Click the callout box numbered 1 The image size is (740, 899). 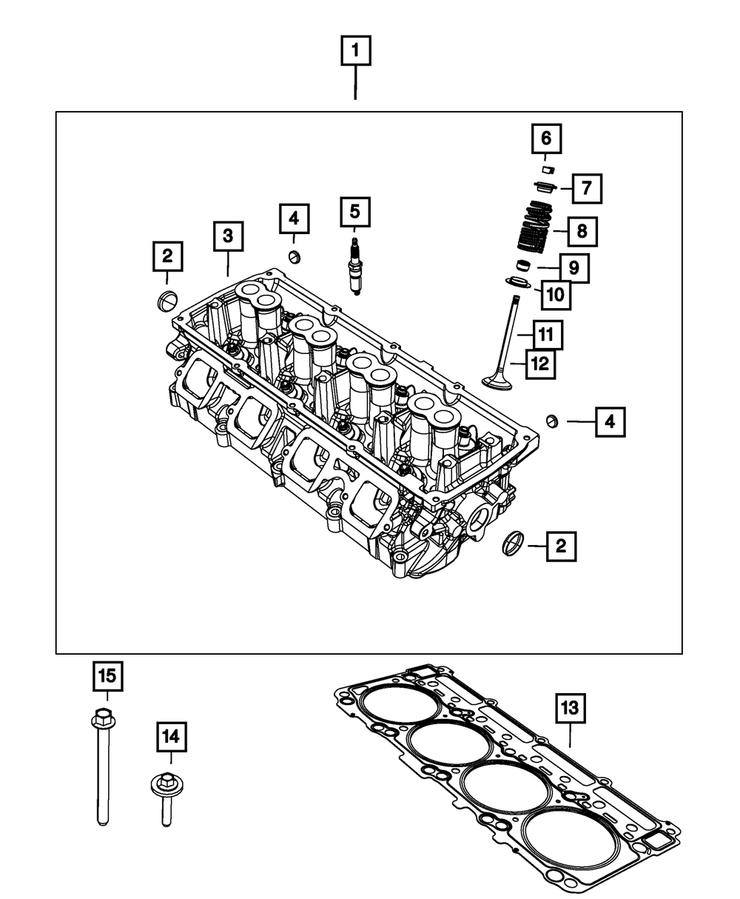pos(355,52)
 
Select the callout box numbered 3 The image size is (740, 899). pos(228,236)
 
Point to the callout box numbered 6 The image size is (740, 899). pos(545,138)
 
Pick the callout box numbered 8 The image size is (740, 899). pos(582,231)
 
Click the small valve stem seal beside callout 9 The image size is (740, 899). pos(525,265)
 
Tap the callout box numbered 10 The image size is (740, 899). pos(556,295)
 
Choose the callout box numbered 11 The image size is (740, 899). pos(545,335)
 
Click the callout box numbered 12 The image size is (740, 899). pos(541,364)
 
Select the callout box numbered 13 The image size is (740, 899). pos(571,709)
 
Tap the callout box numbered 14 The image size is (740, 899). pos(171,737)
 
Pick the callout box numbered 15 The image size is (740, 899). pos(107,675)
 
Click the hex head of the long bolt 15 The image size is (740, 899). pos(103,717)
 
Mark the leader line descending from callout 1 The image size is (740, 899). pos(355,83)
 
